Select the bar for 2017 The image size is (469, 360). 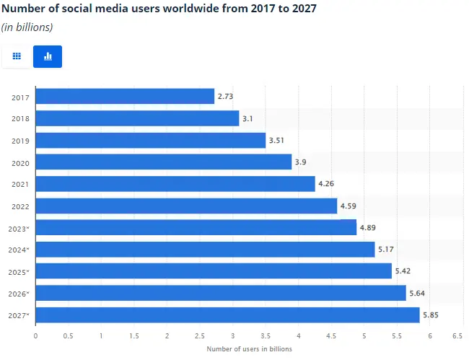125,96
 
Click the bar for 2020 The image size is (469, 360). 163,162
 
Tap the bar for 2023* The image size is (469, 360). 196,228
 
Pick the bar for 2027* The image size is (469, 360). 227,315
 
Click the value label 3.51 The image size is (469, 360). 278,140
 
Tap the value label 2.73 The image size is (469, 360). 225,96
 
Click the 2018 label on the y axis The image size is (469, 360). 20,118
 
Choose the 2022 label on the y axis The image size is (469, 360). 20,206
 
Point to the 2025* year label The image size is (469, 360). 19,272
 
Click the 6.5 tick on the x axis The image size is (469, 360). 457,335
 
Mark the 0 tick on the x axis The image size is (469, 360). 35,335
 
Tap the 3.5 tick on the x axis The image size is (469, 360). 266,335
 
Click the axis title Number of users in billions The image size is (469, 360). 249,349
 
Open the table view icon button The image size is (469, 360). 17,56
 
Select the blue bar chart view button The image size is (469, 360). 48,56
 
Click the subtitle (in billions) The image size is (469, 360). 27,27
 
